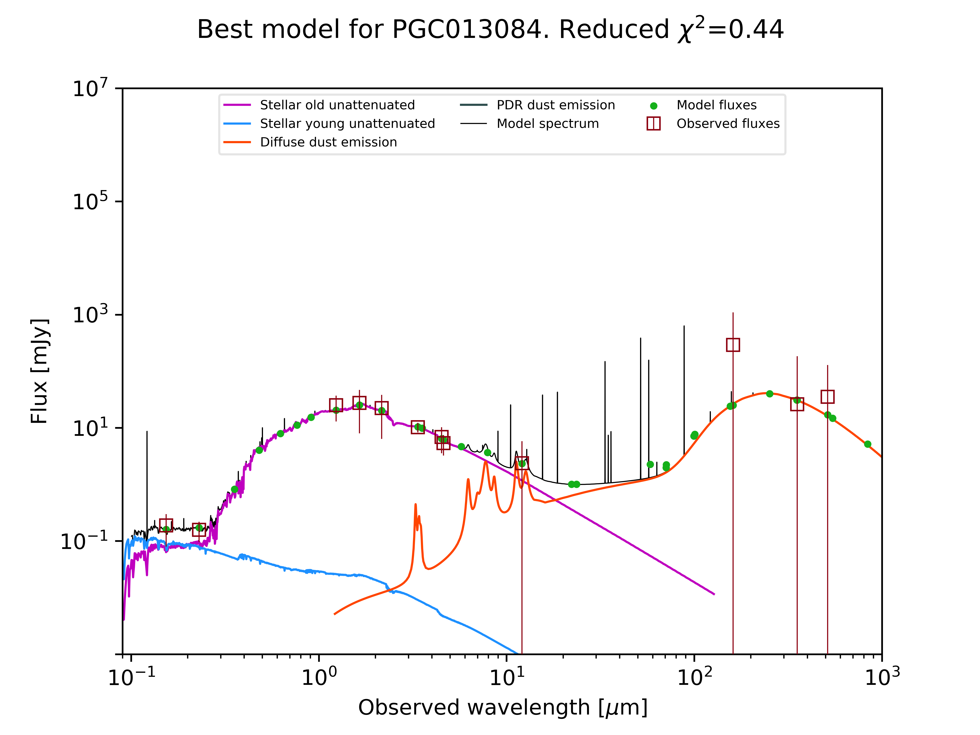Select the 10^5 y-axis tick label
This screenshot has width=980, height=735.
[90, 202]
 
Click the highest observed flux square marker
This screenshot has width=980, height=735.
[733, 345]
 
